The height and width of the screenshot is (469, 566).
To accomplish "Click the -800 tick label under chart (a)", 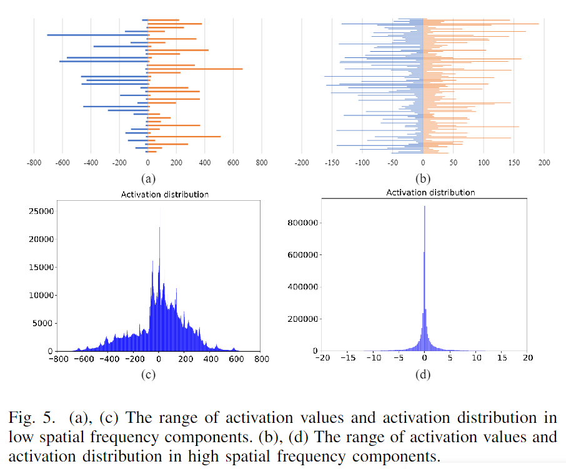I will tap(34, 163).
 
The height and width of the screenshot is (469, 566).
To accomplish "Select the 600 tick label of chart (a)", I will tap(233, 163).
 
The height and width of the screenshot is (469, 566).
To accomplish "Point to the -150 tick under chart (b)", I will tap(332, 163).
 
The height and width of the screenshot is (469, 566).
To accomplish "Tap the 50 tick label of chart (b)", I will tap(453, 163).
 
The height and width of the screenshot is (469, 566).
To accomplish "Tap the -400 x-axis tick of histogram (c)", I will tap(108, 359).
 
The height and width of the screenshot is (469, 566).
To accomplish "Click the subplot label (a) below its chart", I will tap(147, 178).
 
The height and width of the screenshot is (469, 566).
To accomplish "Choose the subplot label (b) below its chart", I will tap(424, 178).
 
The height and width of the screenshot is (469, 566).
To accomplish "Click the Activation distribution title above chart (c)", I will tap(164, 195).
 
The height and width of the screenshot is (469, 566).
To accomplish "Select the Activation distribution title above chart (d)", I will tap(430, 193).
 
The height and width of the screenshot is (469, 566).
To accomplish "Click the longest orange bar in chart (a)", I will tap(195, 69).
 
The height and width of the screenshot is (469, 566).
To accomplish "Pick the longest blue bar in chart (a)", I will tap(97, 35).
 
